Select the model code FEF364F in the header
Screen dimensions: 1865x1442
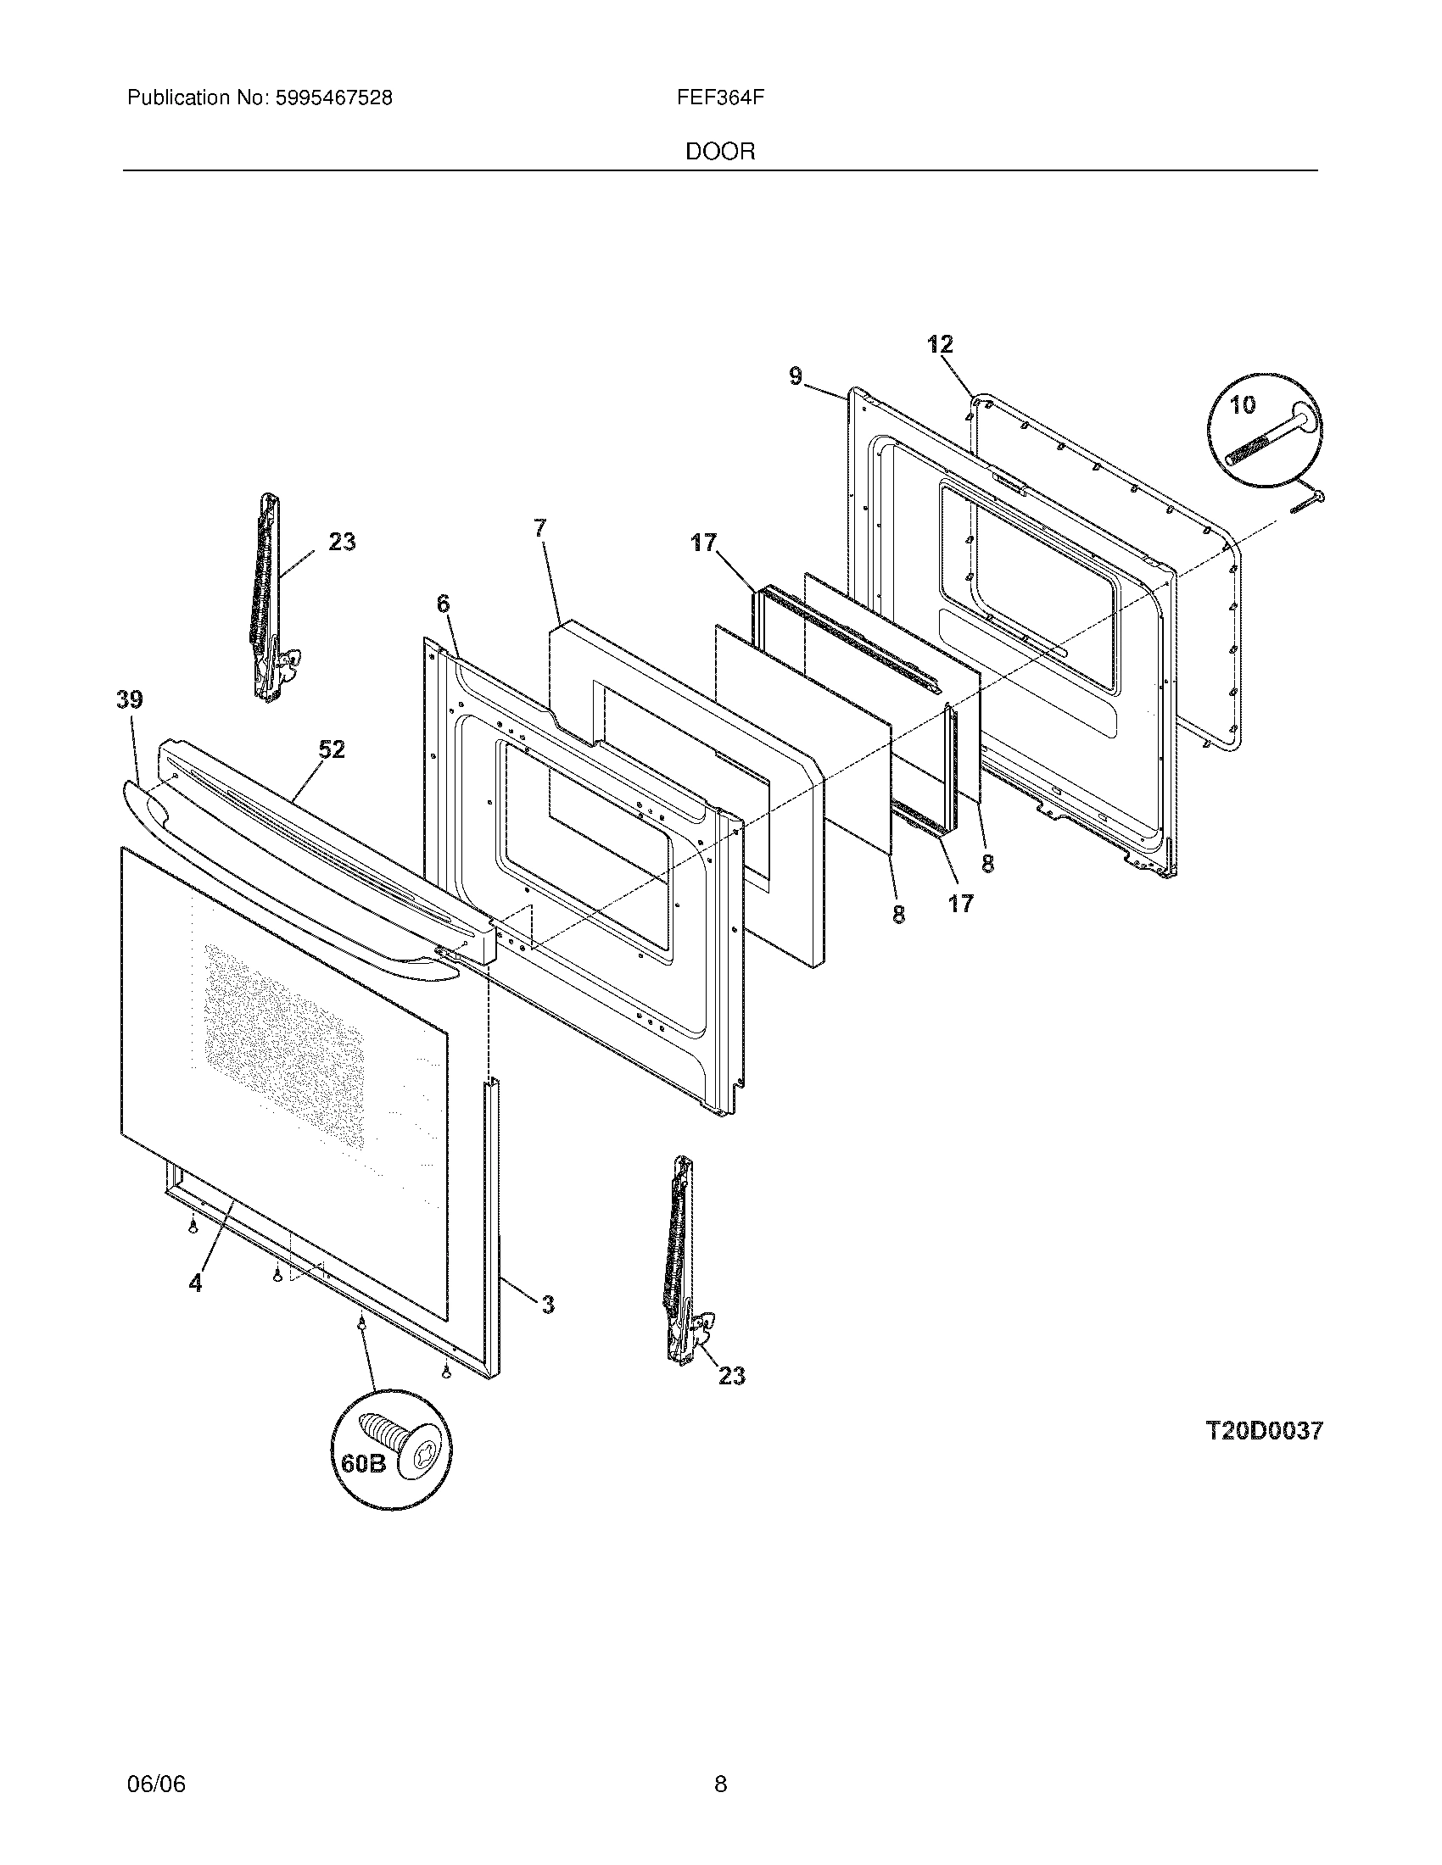tap(720, 98)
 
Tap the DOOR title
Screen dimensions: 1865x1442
tap(720, 152)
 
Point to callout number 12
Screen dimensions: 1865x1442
tap(940, 345)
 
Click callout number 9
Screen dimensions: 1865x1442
tap(796, 376)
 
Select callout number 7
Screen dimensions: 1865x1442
tap(539, 529)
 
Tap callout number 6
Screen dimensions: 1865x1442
tap(443, 604)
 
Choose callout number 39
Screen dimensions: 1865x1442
tap(130, 700)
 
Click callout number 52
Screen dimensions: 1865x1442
tap(332, 749)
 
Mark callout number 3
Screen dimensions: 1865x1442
tap(548, 1304)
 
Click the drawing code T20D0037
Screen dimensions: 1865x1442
tap(1264, 1430)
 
